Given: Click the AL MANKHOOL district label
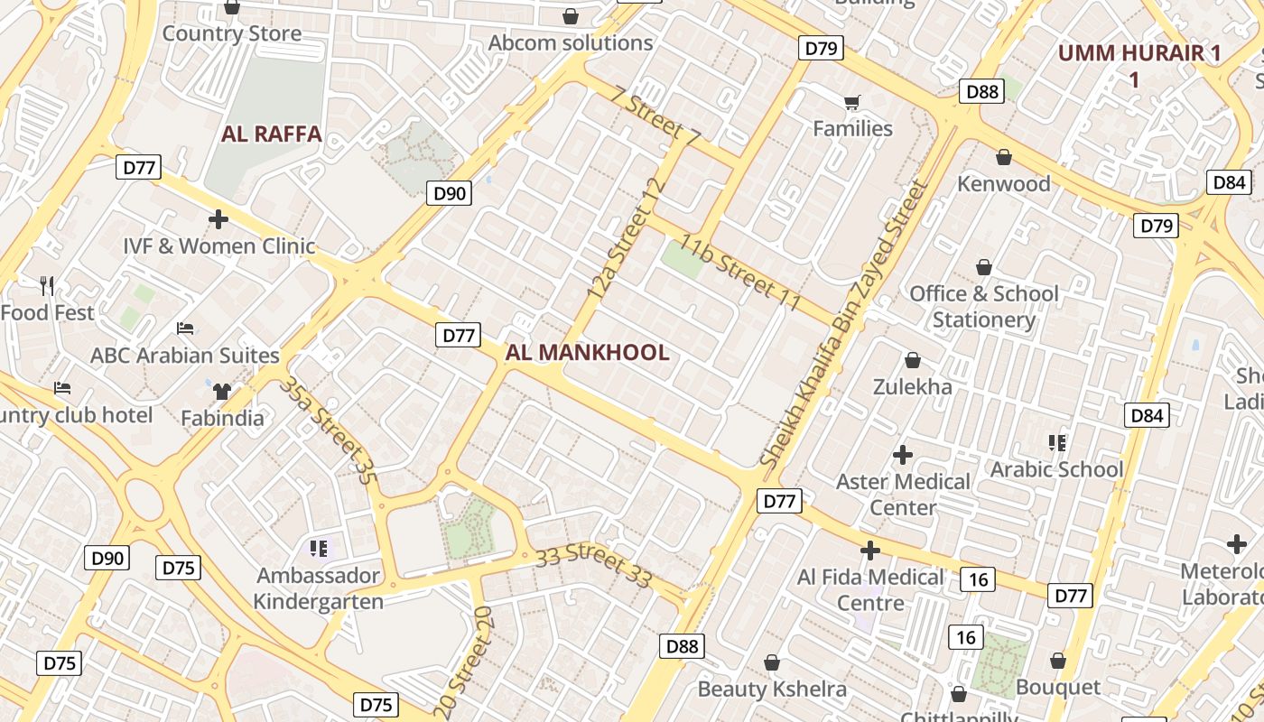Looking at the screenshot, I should (x=587, y=353).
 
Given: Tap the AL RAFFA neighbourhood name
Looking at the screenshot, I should (x=272, y=134).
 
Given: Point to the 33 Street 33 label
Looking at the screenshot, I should (x=593, y=565).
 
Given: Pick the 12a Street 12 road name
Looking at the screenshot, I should (x=627, y=239).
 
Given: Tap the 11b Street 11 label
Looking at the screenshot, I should (x=740, y=272).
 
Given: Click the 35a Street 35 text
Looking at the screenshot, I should (x=327, y=430).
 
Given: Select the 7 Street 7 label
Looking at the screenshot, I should (x=655, y=115).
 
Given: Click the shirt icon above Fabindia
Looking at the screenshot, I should (x=222, y=391).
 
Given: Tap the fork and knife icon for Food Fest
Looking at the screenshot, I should (x=48, y=286).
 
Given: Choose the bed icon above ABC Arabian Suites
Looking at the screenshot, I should (x=185, y=329).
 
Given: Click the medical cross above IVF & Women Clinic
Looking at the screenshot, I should (x=218, y=218).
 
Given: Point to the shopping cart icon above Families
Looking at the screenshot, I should (x=851, y=102).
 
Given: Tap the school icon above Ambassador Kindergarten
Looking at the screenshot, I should (x=318, y=548).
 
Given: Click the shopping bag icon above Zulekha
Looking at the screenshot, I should (x=912, y=360).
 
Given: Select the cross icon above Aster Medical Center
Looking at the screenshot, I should (x=902, y=454).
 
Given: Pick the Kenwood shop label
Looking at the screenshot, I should (x=1004, y=184).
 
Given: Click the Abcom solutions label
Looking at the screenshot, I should (x=571, y=42).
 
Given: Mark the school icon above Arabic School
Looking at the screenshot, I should (x=1056, y=442).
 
